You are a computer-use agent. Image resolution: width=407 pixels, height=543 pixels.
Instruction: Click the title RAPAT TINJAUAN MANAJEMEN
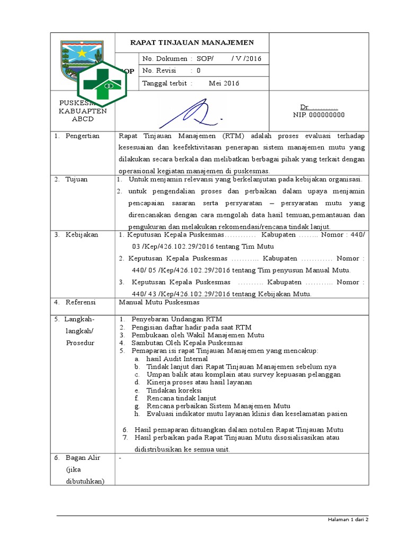(x=192, y=42)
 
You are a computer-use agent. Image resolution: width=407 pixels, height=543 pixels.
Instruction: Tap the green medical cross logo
(x=102, y=84)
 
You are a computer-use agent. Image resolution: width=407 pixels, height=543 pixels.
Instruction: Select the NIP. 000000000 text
(x=318, y=115)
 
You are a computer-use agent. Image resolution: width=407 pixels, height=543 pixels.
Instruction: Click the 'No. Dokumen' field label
(x=164, y=58)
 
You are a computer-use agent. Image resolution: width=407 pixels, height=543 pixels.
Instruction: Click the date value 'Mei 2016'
(x=224, y=83)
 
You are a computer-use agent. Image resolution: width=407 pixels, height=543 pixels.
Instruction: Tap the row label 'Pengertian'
(x=82, y=136)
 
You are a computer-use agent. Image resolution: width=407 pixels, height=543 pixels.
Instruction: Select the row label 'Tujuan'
(x=77, y=179)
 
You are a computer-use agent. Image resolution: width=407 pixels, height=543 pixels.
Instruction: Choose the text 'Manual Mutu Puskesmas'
(x=159, y=302)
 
